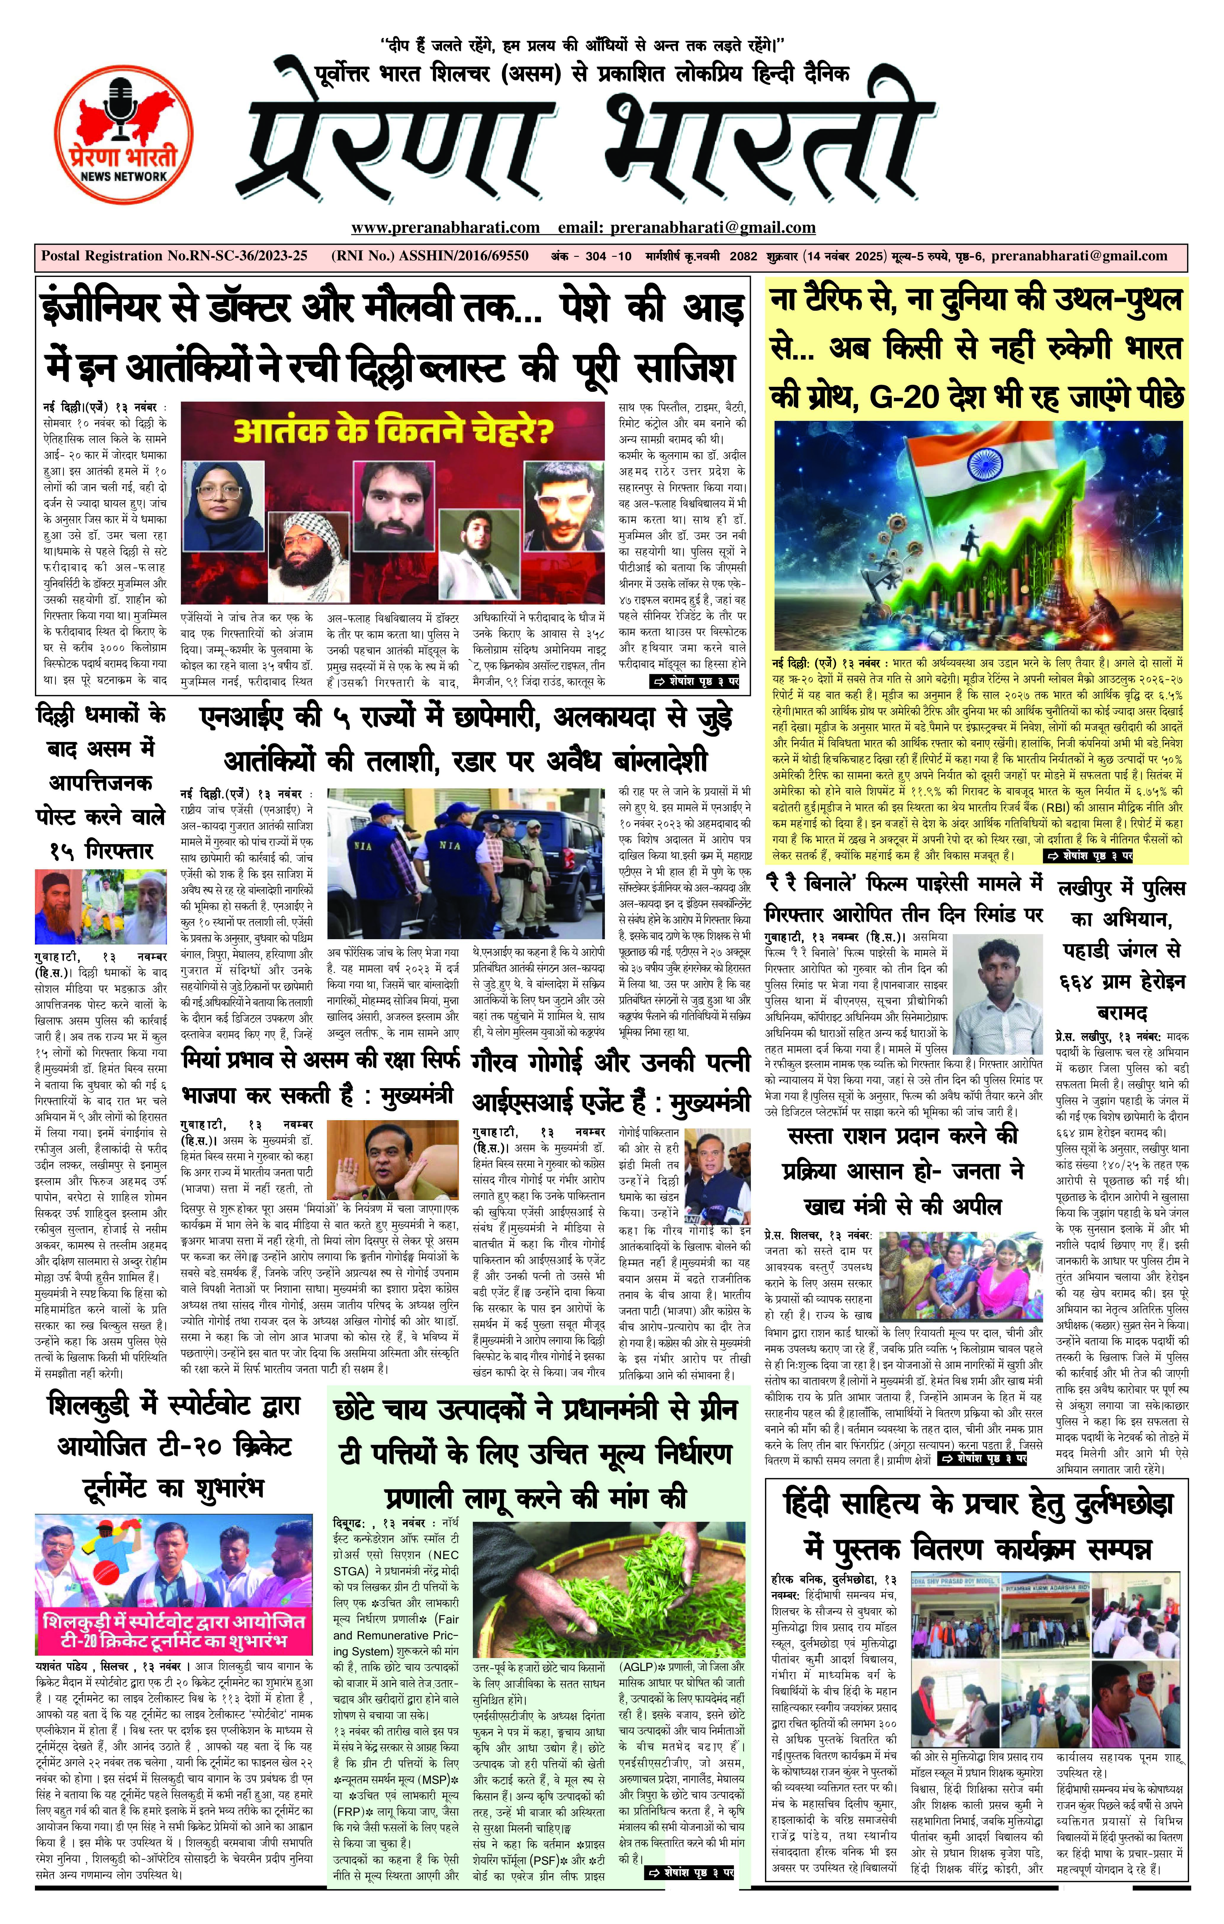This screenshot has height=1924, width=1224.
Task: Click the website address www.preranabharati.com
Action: tap(445, 228)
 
